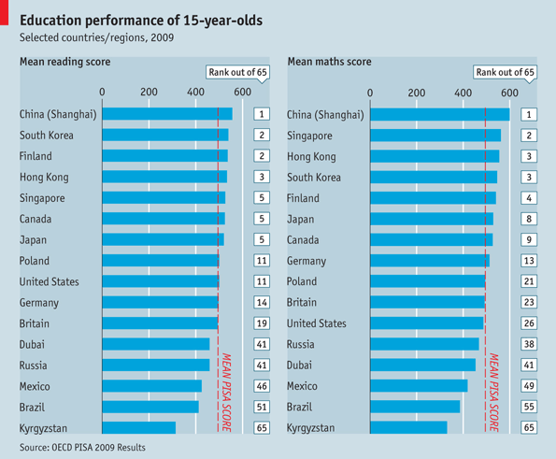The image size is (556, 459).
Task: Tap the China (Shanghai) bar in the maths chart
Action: click(x=440, y=115)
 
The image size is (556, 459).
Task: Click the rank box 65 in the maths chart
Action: click(x=528, y=427)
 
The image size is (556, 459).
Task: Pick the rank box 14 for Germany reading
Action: click(x=263, y=303)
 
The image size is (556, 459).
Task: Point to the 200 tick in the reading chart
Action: click(x=149, y=92)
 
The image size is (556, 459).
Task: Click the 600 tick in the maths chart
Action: click(x=509, y=92)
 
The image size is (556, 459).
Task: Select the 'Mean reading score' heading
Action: click(x=65, y=62)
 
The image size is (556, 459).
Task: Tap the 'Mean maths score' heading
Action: click(x=329, y=62)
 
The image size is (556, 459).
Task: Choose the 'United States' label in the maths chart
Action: click(x=317, y=323)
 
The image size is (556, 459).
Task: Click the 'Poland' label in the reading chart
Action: click(x=36, y=261)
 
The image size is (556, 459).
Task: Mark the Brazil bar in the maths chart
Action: click(x=416, y=407)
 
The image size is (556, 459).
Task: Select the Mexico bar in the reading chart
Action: click(x=151, y=386)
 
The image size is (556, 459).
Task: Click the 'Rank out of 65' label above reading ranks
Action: click(x=236, y=71)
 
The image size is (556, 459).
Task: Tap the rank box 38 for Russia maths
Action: click(x=528, y=344)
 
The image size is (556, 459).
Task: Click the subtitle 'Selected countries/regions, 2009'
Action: click(x=96, y=40)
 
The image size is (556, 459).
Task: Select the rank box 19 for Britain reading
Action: click(x=263, y=323)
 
